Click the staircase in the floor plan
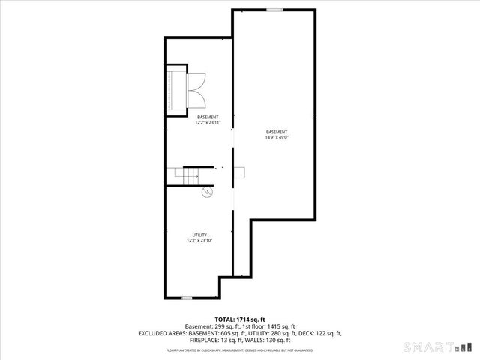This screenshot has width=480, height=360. coord(188,175)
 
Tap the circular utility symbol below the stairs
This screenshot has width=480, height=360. coord(207,193)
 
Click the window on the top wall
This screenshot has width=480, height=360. coord(274,10)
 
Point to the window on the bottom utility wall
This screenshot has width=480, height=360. coord(187,298)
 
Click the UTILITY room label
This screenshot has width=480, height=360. coord(200,235)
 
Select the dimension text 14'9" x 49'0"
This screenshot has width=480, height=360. coord(277,137)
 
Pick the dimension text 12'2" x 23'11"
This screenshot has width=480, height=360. coord(208,122)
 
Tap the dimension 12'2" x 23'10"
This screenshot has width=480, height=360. coord(200,241)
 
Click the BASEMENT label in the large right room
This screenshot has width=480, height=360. coord(277,132)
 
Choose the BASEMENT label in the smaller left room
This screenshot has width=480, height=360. coord(208,117)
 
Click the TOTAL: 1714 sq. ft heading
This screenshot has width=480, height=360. coord(240,319)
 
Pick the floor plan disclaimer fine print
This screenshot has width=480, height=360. coord(240,349)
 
